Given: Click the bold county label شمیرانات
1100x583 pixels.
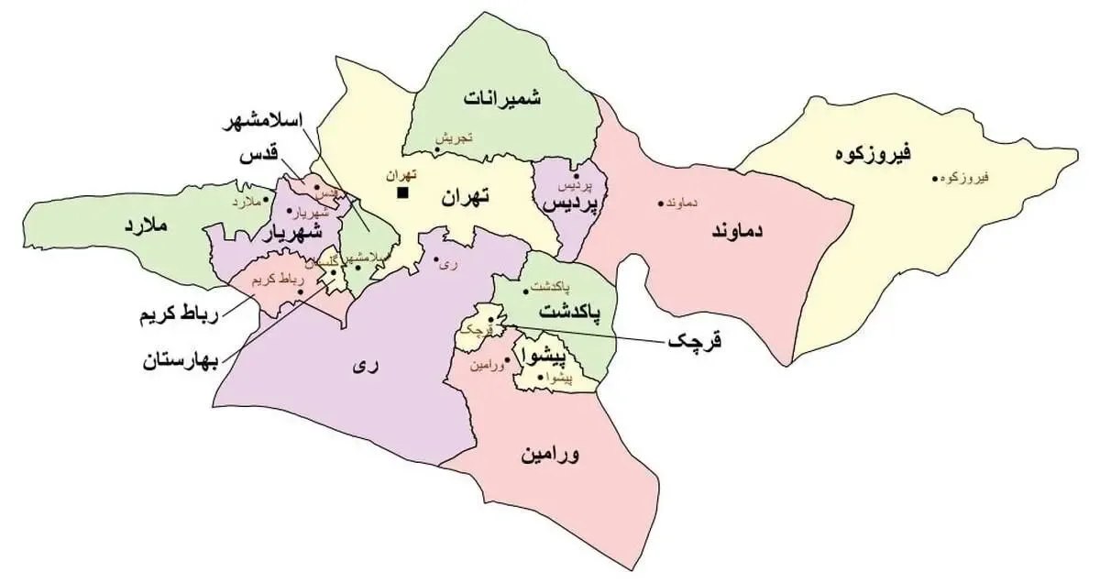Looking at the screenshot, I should [502, 97].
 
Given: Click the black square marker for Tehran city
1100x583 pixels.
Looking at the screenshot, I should [401, 192].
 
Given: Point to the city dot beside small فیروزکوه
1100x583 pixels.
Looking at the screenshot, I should [935, 178].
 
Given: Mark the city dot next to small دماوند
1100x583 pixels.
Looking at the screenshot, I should [660, 203].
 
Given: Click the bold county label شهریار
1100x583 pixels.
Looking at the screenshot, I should [292, 235].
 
